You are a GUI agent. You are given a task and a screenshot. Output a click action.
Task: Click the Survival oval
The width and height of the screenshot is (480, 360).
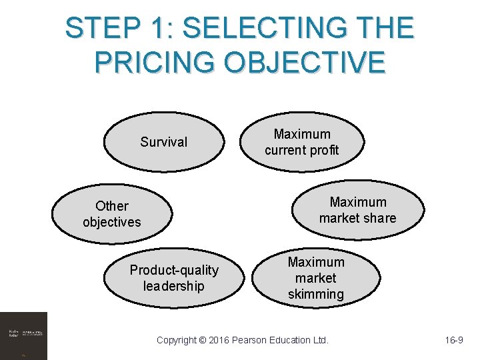(x=163, y=142)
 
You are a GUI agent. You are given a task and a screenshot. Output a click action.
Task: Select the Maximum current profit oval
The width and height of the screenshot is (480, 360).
(x=301, y=142)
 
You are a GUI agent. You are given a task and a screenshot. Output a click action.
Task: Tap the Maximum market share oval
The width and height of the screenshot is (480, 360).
(x=357, y=210)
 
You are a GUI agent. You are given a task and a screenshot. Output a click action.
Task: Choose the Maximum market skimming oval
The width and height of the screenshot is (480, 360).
(x=315, y=278)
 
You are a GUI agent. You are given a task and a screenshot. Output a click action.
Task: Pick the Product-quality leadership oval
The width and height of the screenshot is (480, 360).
(x=173, y=278)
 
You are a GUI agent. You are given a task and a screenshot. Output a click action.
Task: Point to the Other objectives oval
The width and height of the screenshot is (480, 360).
(x=112, y=213)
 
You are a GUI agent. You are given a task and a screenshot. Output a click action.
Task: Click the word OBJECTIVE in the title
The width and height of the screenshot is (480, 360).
(x=305, y=61)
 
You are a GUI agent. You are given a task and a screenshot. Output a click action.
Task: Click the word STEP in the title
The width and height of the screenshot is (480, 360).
(x=103, y=29)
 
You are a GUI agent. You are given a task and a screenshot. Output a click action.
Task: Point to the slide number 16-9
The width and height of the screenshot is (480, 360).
(x=454, y=340)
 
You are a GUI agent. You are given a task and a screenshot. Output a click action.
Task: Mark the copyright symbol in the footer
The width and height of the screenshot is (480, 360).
(x=202, y=340)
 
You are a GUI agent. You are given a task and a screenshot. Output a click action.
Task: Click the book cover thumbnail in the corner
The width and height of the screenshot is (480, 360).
(x=23, y=335)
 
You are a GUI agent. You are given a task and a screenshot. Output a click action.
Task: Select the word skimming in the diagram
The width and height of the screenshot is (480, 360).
(x=316, y=294)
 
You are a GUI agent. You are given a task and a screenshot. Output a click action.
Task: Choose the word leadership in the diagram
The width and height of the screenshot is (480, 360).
(x=173, y=286)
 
